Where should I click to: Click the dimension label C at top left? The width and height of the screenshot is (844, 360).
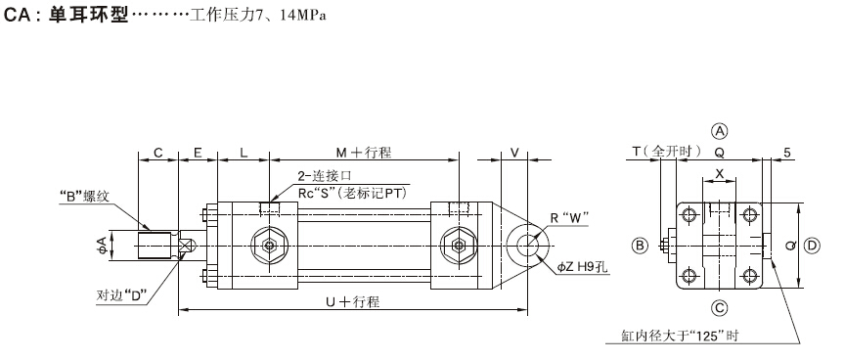pos(157,153)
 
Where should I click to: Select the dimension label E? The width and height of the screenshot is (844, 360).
pos(198,153)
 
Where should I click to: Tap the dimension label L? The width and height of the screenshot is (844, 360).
pos(244,153)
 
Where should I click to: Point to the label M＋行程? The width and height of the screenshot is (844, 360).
pos(364,153)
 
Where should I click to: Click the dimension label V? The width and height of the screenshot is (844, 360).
pos(514,153)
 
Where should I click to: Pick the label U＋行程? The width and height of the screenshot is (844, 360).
pos(353,302)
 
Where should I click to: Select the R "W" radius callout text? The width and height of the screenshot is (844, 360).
pos(569,217)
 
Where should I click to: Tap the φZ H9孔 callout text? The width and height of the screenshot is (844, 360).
pos(583,266)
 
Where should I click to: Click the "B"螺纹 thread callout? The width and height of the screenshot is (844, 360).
pos(84,196)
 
